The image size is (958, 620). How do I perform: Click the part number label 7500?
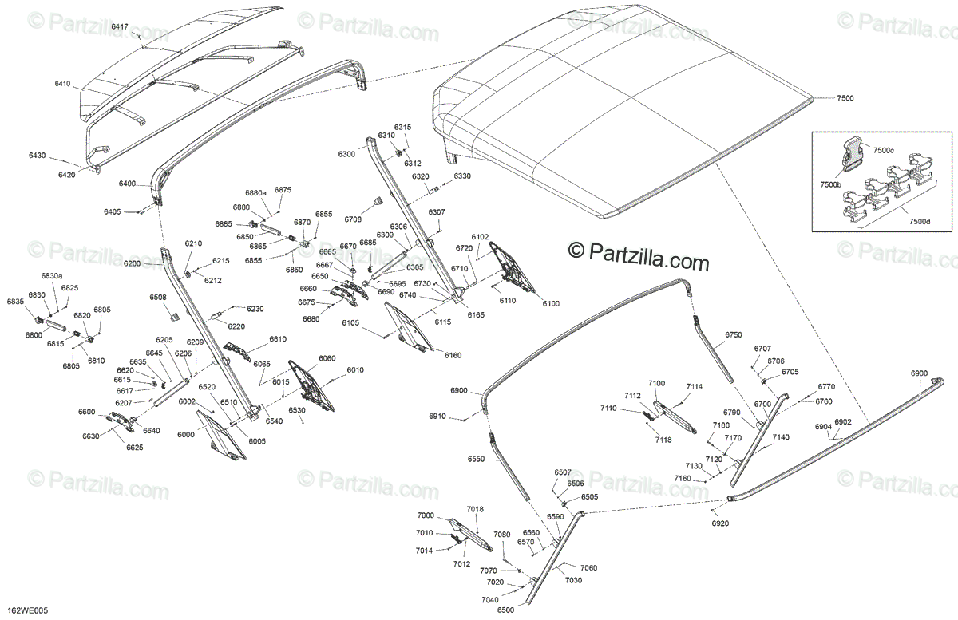[x=845, y=97]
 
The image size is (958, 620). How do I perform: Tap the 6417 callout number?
[x=119, y=27]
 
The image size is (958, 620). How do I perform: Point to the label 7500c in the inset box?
[x=882, y=150]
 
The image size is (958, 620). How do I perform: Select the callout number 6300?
[x=346, y=153]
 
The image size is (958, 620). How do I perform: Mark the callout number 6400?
[x=127, y=184]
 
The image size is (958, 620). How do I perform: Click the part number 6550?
[x=476, y=460]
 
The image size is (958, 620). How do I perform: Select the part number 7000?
[x=426, y=516]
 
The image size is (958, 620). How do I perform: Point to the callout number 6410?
[x=62, y=83]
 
